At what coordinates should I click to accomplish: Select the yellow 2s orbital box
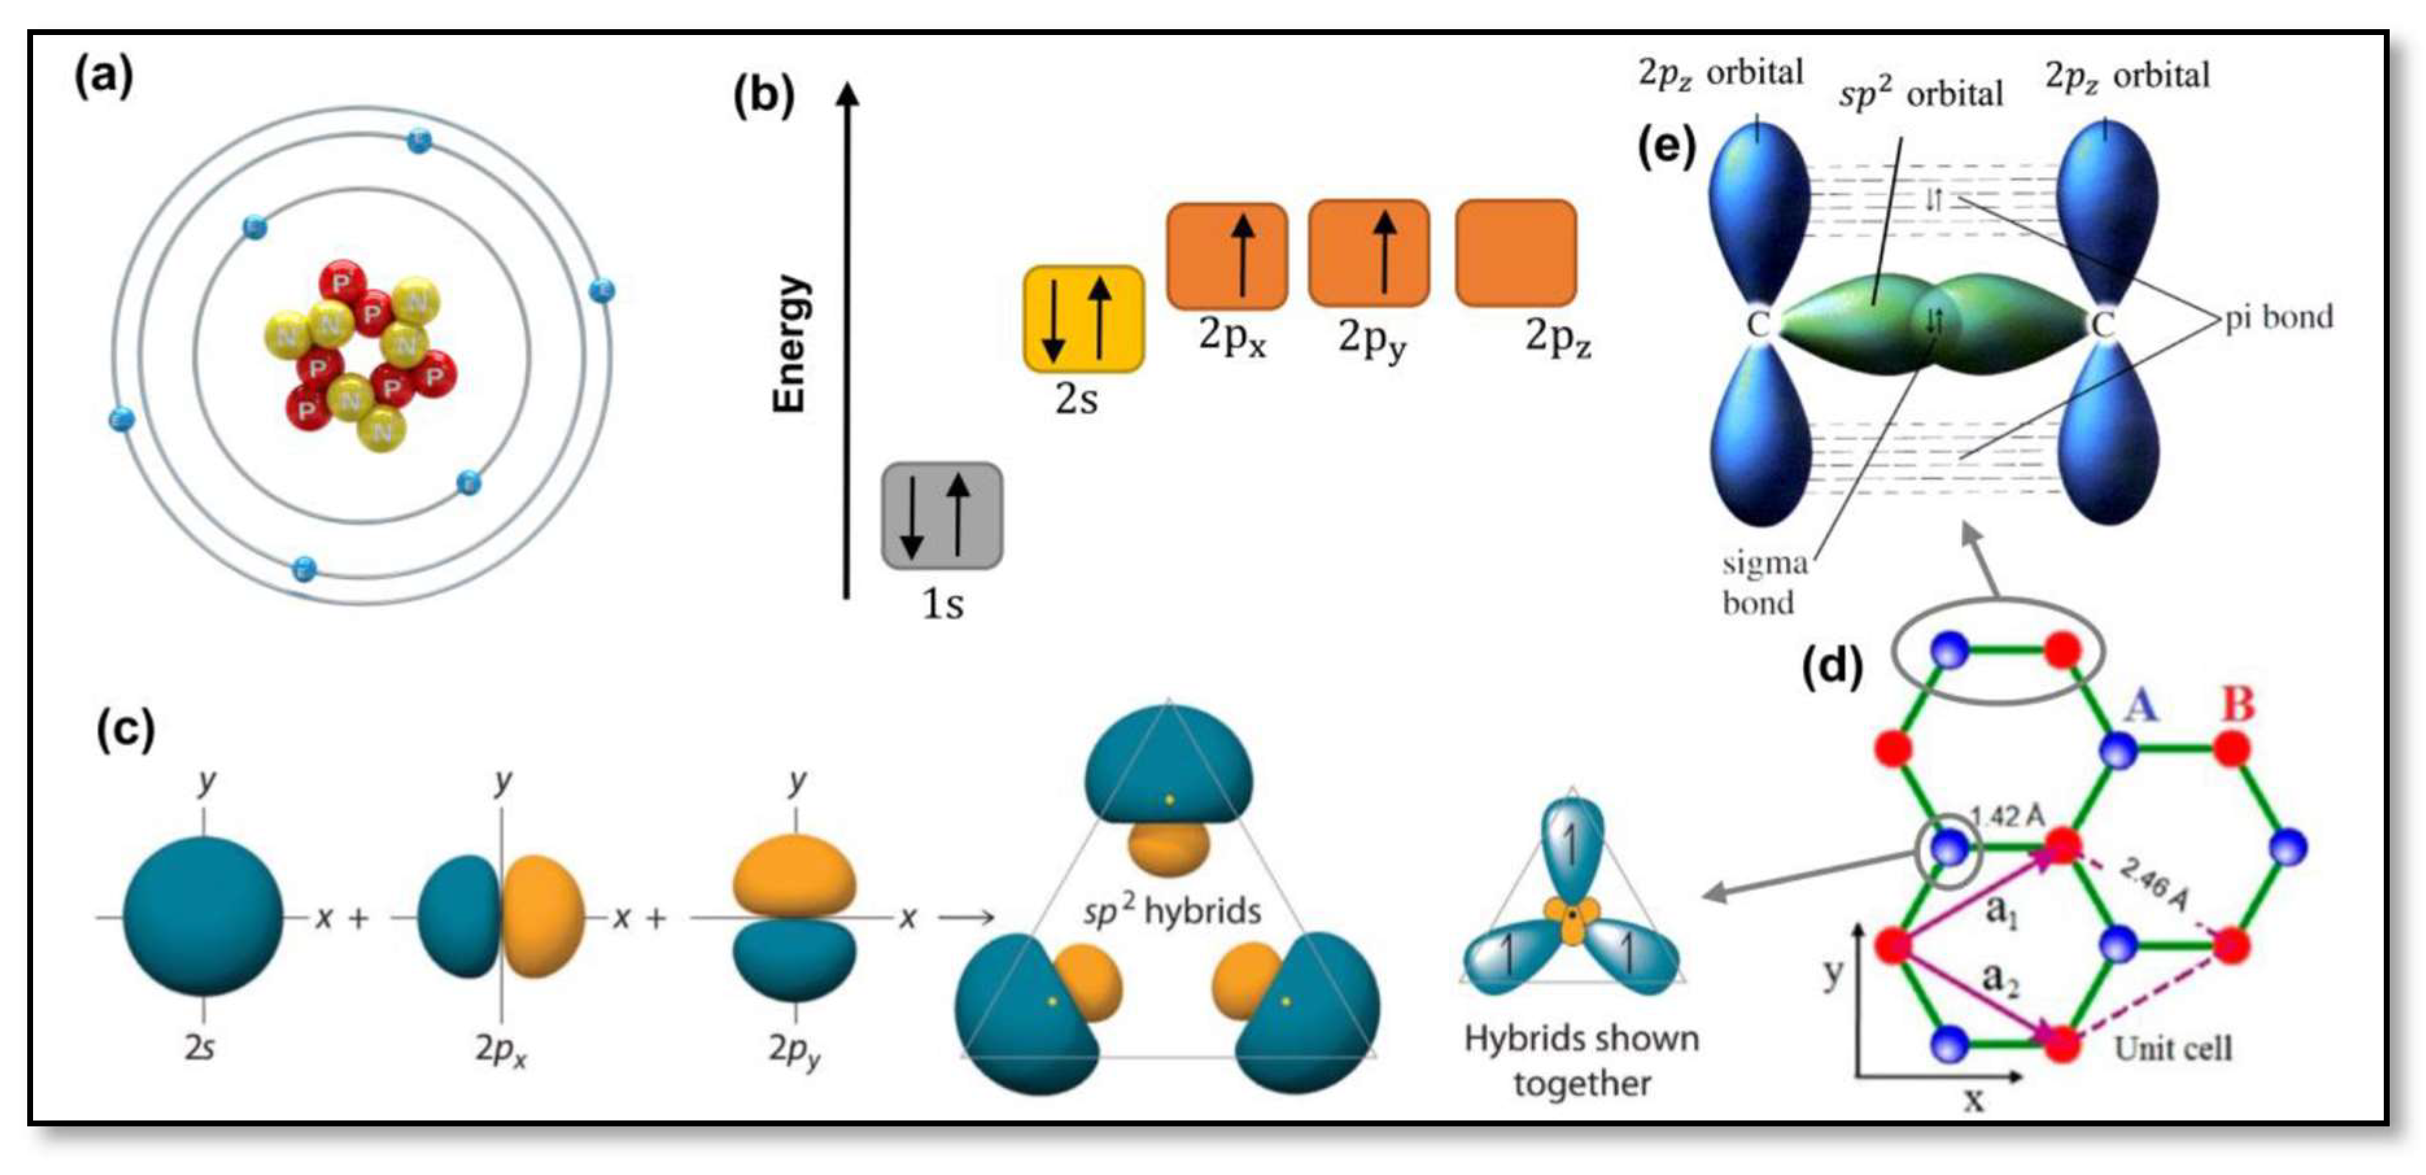1083,318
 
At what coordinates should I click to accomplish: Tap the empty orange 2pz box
1515,252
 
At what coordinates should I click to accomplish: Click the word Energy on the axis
789,344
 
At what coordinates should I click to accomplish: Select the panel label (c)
124,730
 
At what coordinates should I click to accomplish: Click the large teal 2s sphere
202,916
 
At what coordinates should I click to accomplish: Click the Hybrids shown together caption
1581,1060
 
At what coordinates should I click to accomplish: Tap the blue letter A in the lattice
2141,704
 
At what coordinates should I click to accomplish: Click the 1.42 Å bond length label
2008,816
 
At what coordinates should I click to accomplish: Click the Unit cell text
2173,1049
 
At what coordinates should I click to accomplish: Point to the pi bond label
2278,318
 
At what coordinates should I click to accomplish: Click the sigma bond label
1764,582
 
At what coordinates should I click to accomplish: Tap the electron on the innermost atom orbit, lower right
468,483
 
